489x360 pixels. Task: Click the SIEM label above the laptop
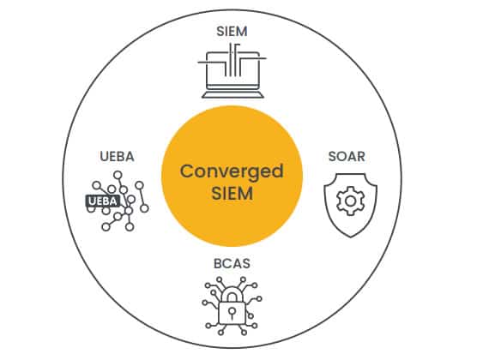click(232, 31)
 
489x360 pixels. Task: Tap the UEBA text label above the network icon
click(117, 157)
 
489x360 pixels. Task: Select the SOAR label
click(347, 157)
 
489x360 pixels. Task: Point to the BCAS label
click(232, 264)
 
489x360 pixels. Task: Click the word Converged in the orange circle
click(232, 171)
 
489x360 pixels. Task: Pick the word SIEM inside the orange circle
click(232, 193)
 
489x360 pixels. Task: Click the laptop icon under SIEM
click(232, 71)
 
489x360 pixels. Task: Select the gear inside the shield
click(351, 201)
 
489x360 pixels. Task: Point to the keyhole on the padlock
click(232, 312)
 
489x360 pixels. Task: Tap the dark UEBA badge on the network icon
click(103, 201)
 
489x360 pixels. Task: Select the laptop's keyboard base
click(232, 95)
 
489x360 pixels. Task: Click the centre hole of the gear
click(351, 201)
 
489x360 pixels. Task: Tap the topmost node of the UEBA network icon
click(118, 175)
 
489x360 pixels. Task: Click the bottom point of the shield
click(351, 237)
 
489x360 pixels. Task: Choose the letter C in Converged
click(188, 171)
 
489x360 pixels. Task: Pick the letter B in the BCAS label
click(218, 264)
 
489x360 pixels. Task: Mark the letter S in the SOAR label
click(333, 157)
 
